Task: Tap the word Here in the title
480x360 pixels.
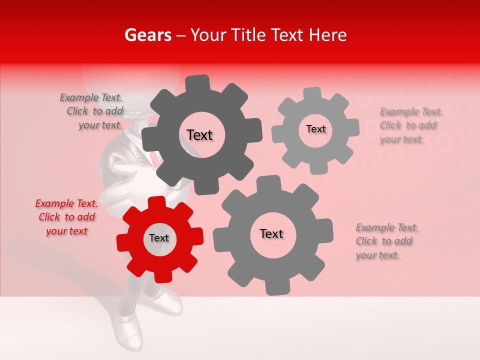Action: pyautogui.click(x=327, y=35)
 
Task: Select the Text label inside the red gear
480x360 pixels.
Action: pyautogui.click(x=159, y=238)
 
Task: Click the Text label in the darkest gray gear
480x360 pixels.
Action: pyautogui.click(x=199, y=135)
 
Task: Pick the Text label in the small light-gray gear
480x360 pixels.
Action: pyautogui.click(x=315, y=129)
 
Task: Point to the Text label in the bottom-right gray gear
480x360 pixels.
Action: pyautogui.click(x=271, y=234)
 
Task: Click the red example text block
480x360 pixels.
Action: pyautogui.click(x=66, y=217)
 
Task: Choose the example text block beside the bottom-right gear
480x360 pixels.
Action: pyautogui.click(x=386, y=241)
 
